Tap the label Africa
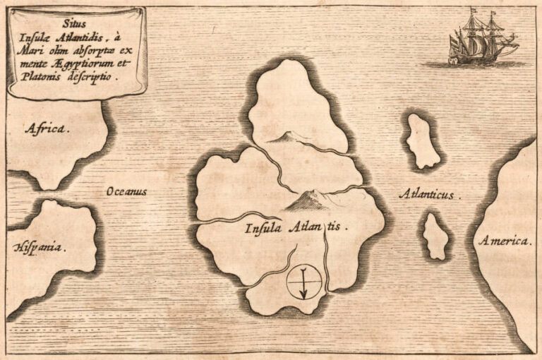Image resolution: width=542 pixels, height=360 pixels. (x=47, y=128)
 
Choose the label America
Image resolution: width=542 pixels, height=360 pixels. (x=504, y=241)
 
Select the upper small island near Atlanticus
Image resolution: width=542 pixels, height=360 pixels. (x=422, y=141)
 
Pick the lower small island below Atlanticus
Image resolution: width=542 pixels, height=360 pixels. (x=435, y=236)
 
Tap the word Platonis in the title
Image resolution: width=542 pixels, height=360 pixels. (x=52, y=79)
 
